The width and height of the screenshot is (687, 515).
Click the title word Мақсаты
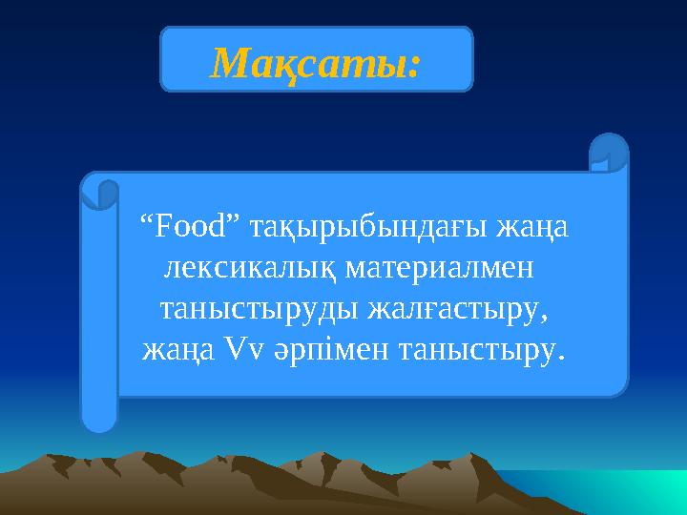(309, 63)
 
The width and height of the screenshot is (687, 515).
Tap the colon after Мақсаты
(413, 67)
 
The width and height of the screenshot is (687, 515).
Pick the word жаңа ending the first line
(537, 229)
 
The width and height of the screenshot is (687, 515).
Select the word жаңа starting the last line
(174, 352)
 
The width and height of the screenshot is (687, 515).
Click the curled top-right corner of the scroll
(609, 152)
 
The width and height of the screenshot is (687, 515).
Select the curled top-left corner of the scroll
(99, 190)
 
